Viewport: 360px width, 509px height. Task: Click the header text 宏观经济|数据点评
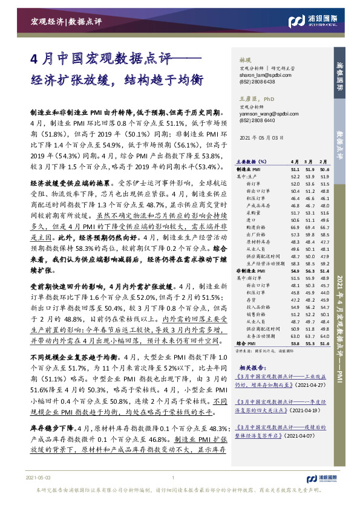tap(67, 22)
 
